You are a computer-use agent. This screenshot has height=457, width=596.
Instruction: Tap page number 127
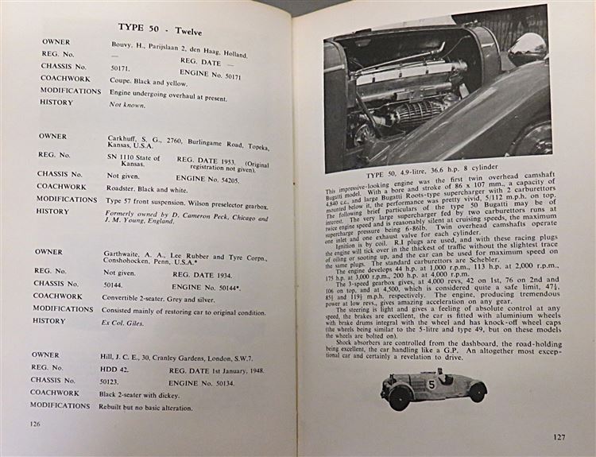point(562,436)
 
